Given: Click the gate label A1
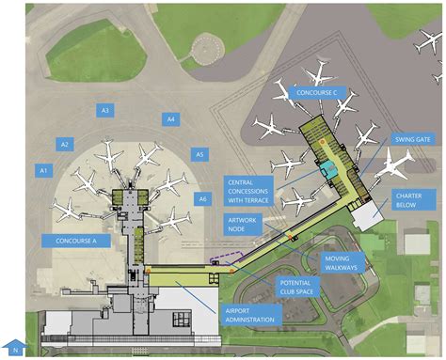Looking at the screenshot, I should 42,170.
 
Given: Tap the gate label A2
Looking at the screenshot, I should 64,144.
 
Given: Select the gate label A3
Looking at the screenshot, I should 105,111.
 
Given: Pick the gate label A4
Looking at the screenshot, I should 170,119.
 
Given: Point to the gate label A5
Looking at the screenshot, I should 199,153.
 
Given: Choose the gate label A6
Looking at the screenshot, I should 202,198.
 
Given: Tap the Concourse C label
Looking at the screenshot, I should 323,93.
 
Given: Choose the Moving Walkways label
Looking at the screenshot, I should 343,264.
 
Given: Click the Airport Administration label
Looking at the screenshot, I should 251,314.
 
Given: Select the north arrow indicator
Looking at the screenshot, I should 13,347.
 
